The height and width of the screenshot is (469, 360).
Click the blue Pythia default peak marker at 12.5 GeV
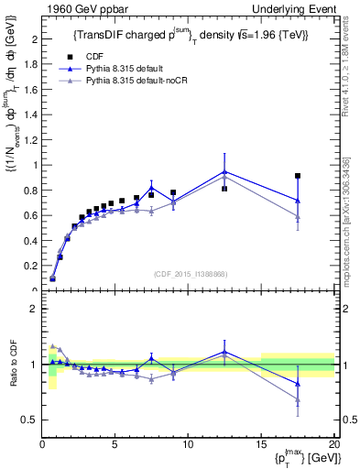(224, 171)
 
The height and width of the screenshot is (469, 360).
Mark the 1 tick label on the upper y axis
(35, 166)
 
